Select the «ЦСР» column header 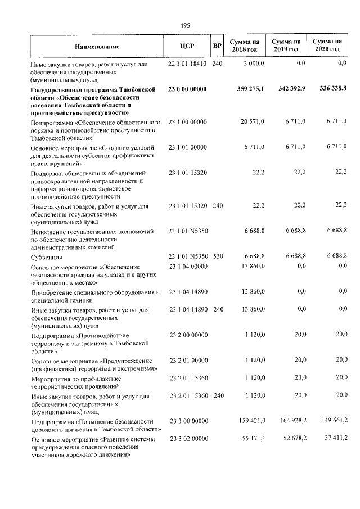pos(187,47)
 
